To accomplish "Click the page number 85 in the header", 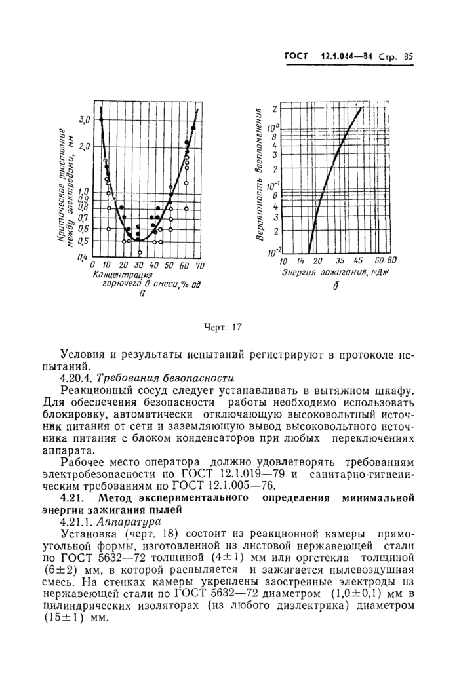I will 409,56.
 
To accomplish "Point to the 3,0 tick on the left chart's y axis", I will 84,119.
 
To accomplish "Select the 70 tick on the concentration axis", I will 200,265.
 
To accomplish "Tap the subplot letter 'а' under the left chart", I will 142,294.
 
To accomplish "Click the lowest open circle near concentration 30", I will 139,252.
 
